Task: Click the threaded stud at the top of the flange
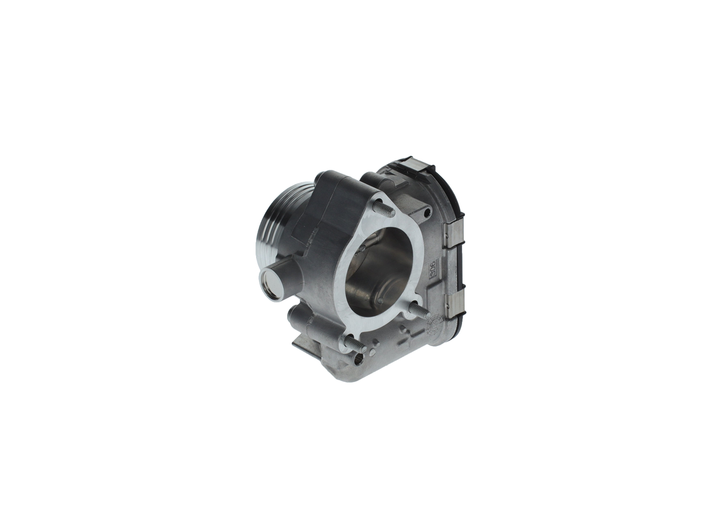tap(384, 208)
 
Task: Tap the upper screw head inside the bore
tap(362, 248)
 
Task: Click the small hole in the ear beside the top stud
tap(427, 213)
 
